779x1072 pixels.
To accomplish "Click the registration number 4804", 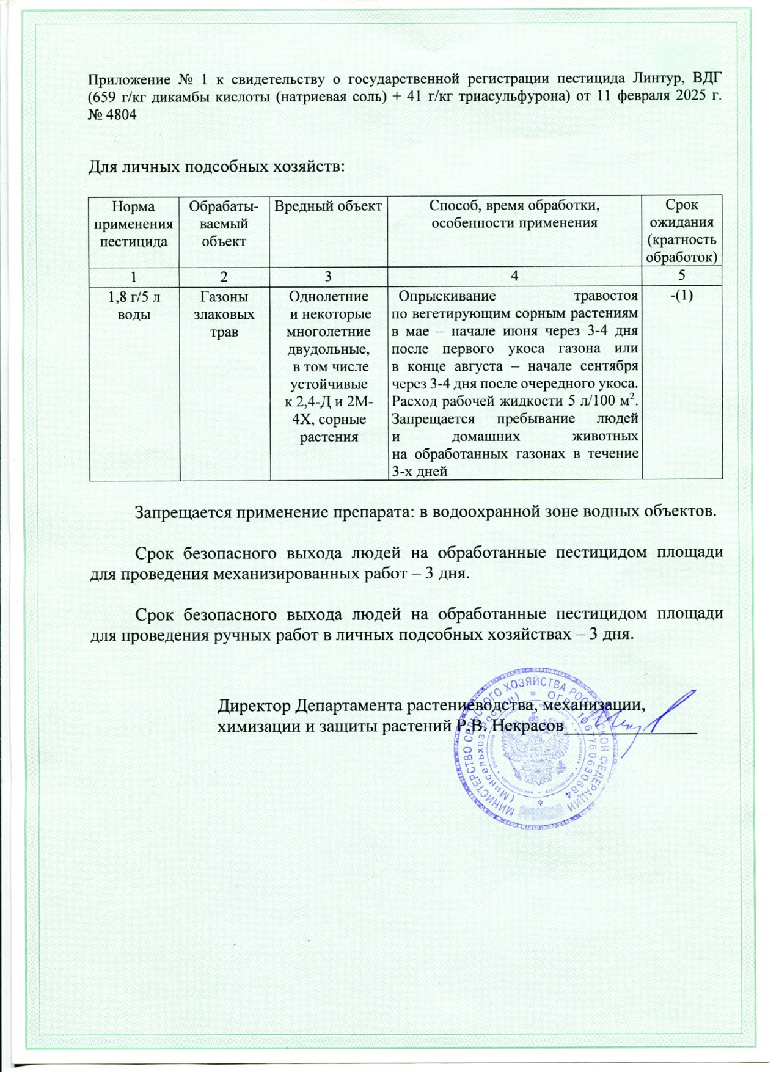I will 121,114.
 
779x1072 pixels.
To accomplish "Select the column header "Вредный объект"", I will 328,206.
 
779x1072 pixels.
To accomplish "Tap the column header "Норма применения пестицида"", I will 134,224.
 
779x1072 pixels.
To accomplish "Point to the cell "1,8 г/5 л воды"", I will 134,305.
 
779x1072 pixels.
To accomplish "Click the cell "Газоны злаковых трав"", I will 224,314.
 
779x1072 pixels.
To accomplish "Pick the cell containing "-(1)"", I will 682,295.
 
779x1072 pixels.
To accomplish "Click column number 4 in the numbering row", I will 514,276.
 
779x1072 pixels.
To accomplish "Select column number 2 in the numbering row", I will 224,276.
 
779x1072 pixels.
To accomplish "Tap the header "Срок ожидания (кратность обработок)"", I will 682,231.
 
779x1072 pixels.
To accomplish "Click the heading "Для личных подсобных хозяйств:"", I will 217,166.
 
